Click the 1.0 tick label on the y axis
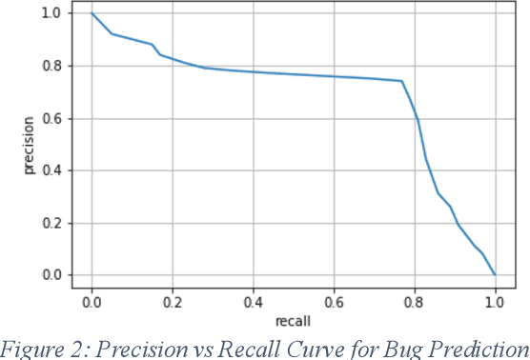point(49,13)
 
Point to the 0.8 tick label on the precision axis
point(49,66)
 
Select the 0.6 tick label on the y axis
point(49,118)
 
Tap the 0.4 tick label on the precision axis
point(49,170)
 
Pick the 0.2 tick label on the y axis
point(49,223)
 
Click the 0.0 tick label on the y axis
point(49,275)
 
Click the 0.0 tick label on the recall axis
point(92,301)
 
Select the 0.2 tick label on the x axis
point(173,301)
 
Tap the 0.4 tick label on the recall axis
point(254,301)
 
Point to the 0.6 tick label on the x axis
point(334,301)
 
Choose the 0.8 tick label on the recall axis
point(415,301)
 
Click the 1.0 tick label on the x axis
point(495,301)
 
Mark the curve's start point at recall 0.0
point(92,13)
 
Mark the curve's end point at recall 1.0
point(495,274)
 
